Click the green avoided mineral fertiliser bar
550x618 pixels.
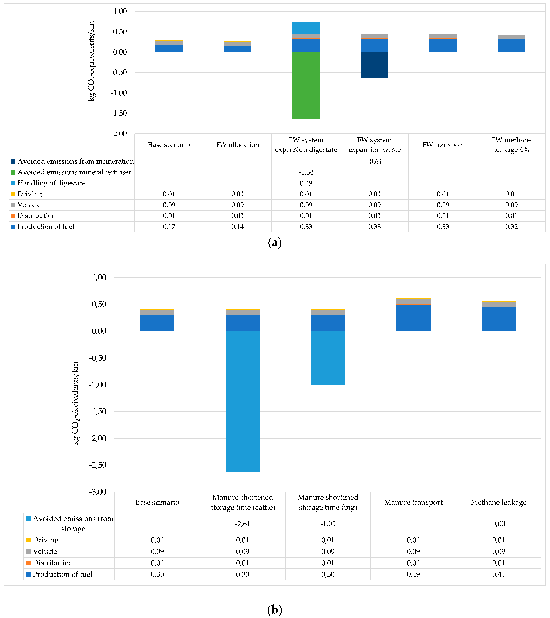(306, 86)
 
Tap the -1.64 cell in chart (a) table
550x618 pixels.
(306, 172)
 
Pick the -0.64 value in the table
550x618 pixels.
(374, 161)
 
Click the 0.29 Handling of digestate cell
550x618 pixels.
(306, 183)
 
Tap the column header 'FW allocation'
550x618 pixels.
(237, 145)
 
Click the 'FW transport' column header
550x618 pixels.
(443, 145)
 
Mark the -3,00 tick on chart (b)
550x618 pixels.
(97, 492)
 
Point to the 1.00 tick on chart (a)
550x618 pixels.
(120, 11)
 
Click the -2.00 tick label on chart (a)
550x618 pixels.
(118, 134)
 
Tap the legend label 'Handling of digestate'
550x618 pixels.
(51, 183)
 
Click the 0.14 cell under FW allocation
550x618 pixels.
(237, 227)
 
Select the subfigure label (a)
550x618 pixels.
(275, 243)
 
